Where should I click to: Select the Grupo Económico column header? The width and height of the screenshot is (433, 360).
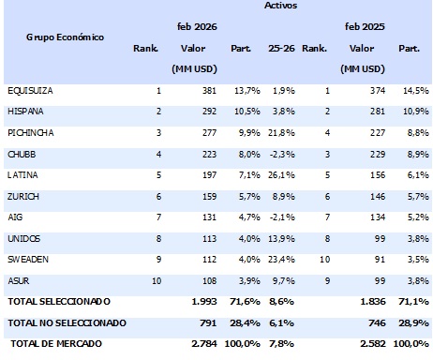(65, 37)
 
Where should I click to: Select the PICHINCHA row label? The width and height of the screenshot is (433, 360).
(30, 133)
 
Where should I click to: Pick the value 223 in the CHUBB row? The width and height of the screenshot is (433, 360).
(206, 155)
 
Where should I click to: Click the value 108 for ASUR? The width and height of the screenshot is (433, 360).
(206, 280)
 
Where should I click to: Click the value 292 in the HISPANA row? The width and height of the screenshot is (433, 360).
(206, 112)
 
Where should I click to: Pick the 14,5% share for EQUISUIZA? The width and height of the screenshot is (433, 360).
(412, 91)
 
